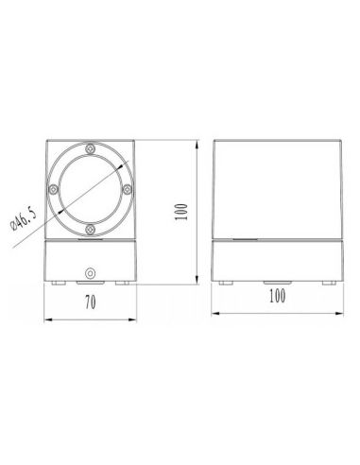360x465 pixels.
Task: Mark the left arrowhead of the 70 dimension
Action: pyautogui.click(x=47, y=318)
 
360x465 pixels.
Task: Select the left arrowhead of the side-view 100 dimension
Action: pyautogui.click(x=215, y=308)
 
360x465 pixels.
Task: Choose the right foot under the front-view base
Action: pyautogui.click(x=122, y=282)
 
